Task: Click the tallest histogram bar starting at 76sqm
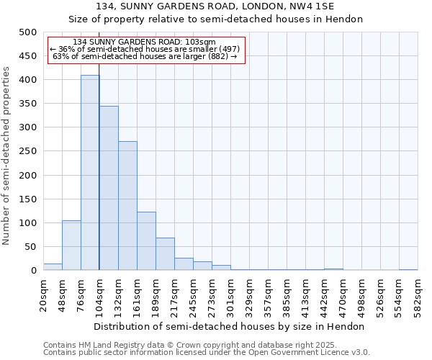click(90, 173)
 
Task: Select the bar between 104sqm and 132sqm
click(109, 188)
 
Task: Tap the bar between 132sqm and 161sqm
click(127, 206)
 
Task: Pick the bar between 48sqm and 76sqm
click(71, 246)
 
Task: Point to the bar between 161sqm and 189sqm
click(146, 241)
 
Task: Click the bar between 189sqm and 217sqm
click(165, 254)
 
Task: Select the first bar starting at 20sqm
click(53, 267)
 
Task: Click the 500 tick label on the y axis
click(27, 32)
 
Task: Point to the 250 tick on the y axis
click(27, 151)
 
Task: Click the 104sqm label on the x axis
click(99, 295)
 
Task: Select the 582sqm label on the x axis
click(418, 295)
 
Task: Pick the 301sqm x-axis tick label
click(230, 295)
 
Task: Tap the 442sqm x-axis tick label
click(324, 295)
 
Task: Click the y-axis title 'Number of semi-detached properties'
click(6, 156)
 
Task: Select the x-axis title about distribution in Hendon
click(230, 326)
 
